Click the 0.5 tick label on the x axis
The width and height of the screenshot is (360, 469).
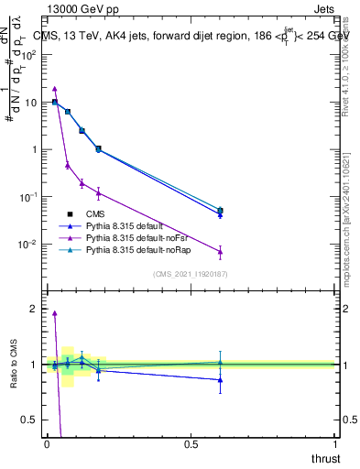coord(191,443)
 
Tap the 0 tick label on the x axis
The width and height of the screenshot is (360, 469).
coord(48,443)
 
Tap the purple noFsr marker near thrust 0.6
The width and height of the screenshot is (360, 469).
coord(220,251)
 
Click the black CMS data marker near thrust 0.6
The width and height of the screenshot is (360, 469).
coord(220,211)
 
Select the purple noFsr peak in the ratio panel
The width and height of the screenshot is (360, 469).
coord(55,313)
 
